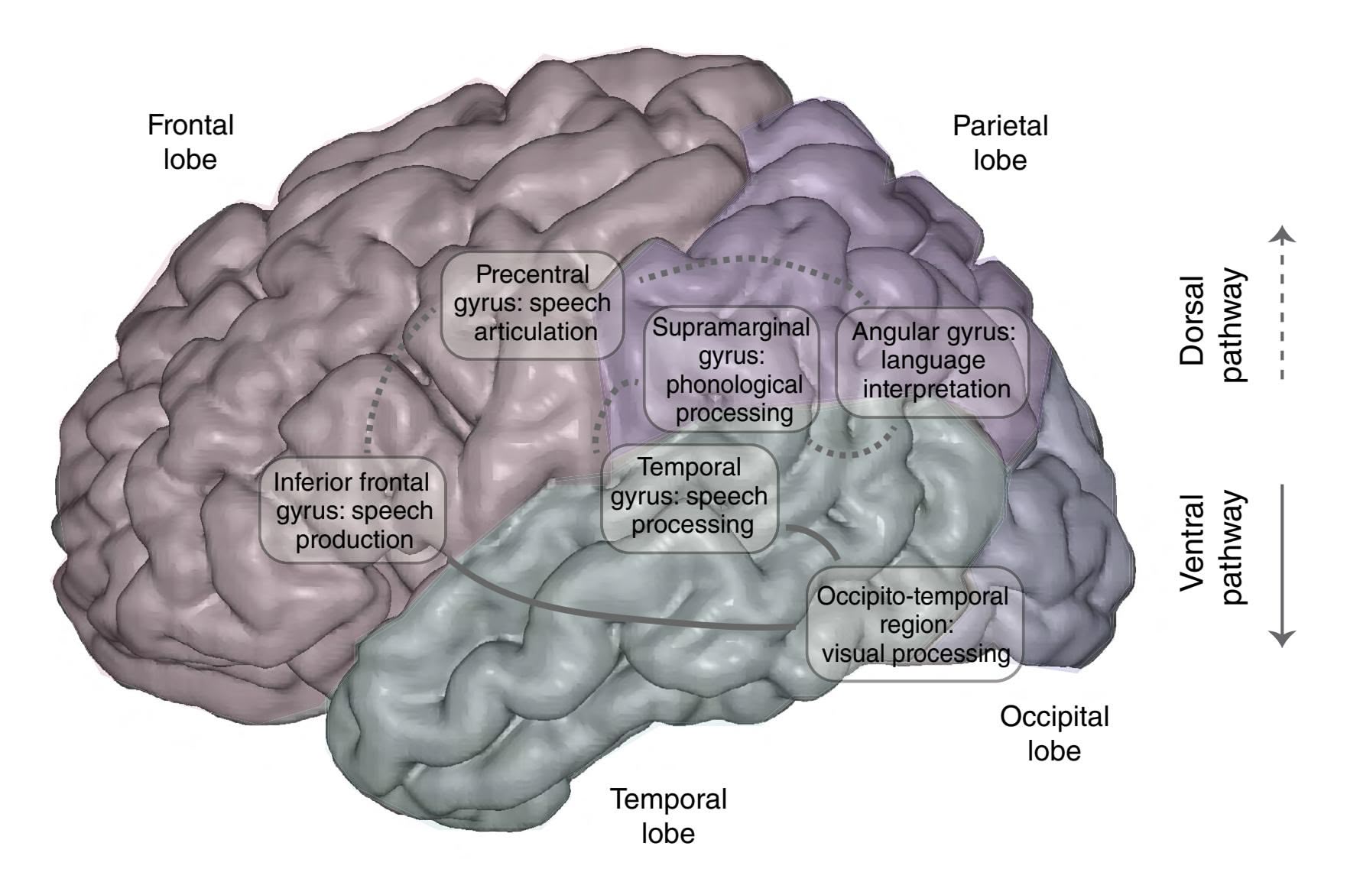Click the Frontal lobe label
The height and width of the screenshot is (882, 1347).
point(190,142)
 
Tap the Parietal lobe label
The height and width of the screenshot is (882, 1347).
point(999,143)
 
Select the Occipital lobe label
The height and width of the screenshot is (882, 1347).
point(1053,733)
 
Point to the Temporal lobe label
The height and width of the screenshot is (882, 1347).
point(667,816)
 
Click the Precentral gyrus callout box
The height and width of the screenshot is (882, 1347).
point(532,303)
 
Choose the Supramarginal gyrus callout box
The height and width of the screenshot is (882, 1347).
point(732,370)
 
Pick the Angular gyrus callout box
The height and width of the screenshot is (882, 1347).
point(933,361)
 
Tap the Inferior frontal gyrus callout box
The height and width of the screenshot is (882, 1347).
point(353,511)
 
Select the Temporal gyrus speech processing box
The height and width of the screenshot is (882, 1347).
point(689,496)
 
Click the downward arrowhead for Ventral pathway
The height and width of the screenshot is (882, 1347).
point(1282,638)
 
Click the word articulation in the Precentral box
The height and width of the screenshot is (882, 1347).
point(535,332)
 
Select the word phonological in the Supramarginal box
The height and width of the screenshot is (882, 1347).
point(734,384)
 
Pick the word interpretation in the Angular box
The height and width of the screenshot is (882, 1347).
point(936,389)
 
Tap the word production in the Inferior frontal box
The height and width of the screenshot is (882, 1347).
point(355,540)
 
